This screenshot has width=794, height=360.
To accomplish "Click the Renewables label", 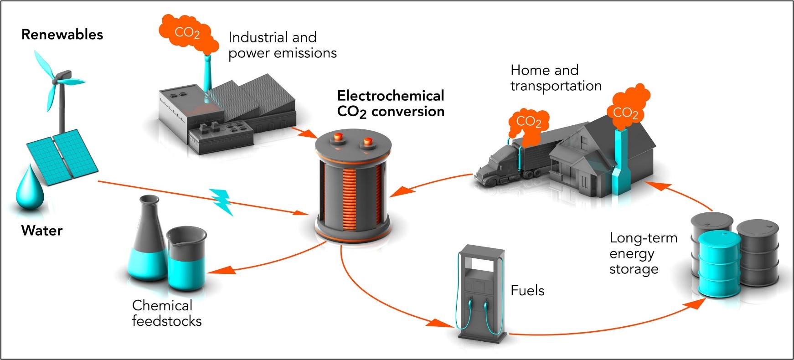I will click(62, 35).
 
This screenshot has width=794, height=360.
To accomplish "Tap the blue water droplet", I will click(30, 189).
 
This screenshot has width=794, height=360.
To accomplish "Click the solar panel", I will click(62, 155).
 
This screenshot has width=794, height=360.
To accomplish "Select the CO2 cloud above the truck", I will click(529, 122).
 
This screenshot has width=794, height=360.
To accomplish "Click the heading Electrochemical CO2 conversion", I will click(391, 104).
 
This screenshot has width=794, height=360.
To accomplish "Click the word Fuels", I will click(527, 291).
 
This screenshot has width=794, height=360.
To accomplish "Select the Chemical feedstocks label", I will click(167, 313).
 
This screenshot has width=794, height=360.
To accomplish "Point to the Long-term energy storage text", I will click(643, 253).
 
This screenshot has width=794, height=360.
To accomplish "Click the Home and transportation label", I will click(556, 78).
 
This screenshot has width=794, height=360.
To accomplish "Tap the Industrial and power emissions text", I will click(282, 45).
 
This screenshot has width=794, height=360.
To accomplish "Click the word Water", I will click(42, 231).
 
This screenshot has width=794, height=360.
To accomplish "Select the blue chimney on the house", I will click(620, 159).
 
